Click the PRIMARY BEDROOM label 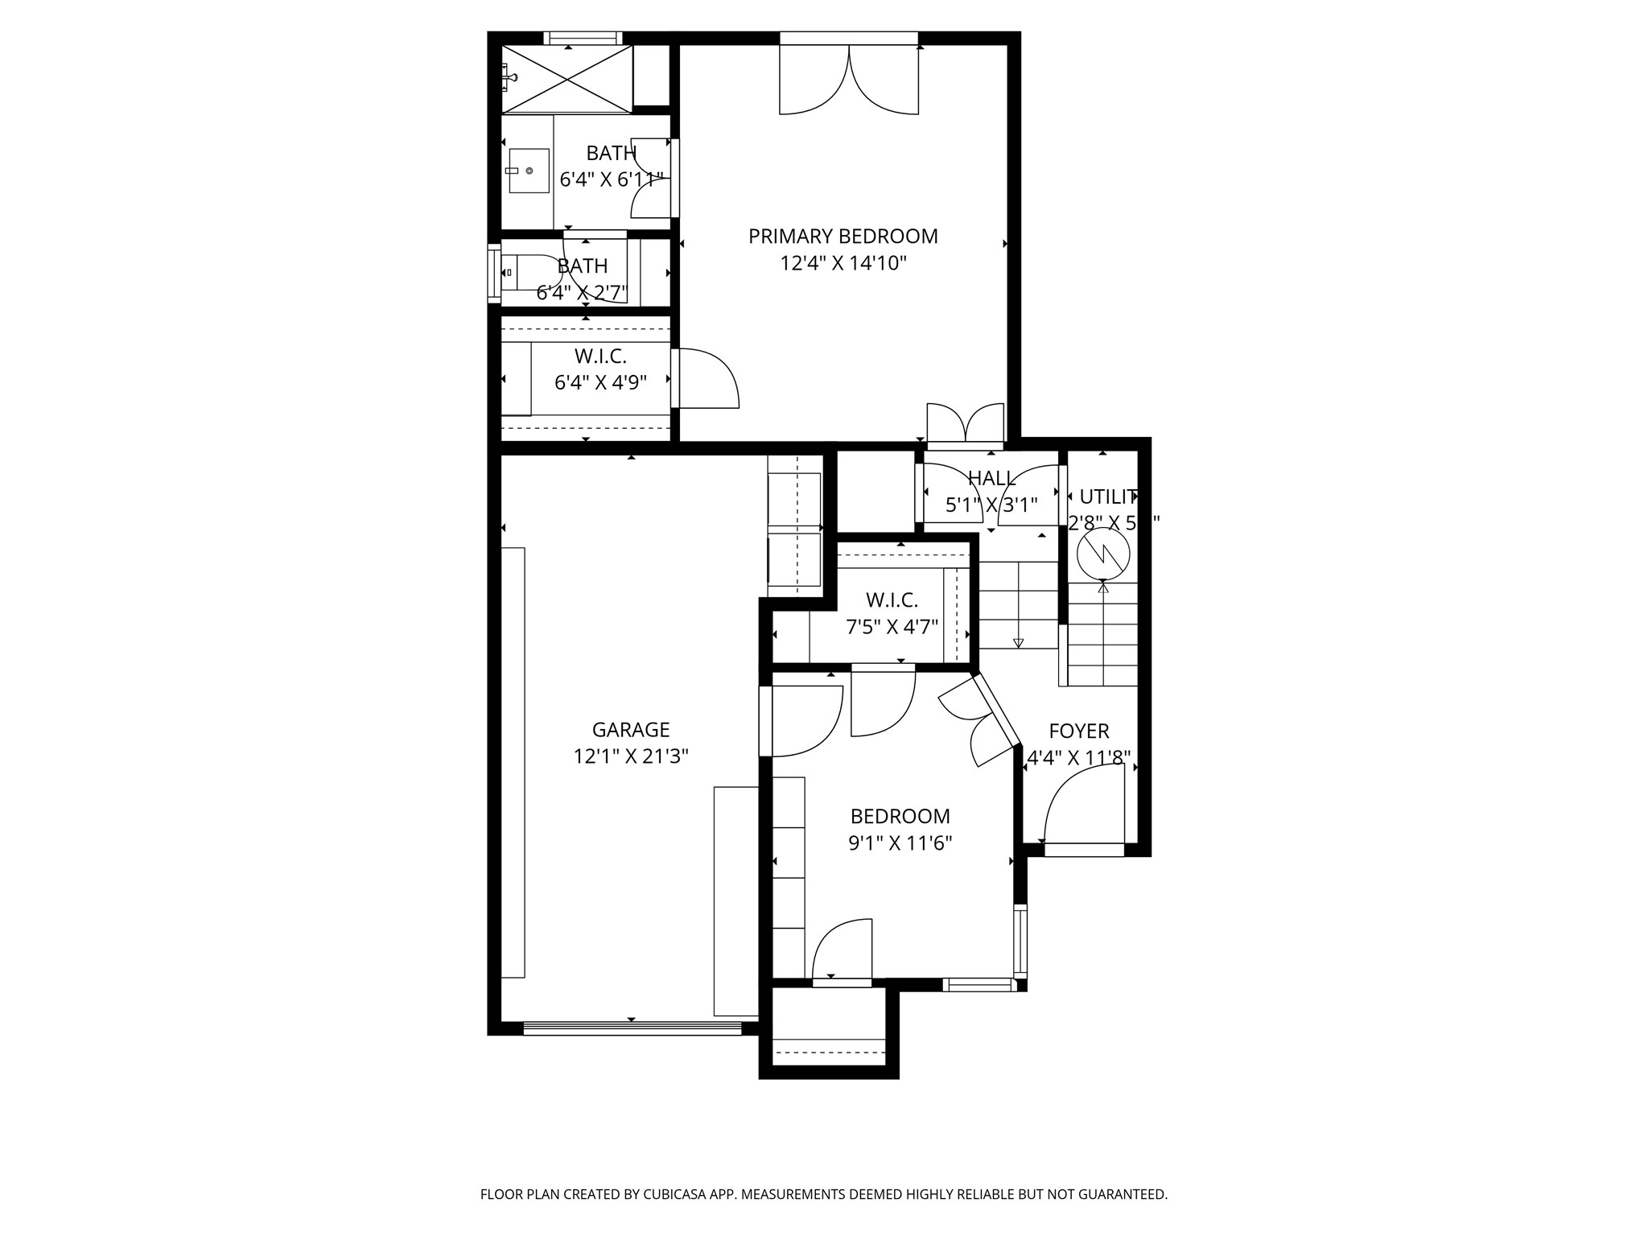click(x=843, y=237)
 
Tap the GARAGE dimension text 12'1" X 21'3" click(x=631, y=756)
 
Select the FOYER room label click(x=1078, y=731)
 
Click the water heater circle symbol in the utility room click(x=1103, y=553)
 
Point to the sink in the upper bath click(x=528, y=171)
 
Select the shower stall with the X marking click(x=566, y=79)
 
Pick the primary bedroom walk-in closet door click(x=707, y=378)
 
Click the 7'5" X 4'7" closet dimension click(x=892, y=626)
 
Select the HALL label click(x=991, y=479)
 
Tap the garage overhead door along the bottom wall click(x=632, y=1028)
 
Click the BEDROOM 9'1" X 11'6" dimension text click(x=900, y=843)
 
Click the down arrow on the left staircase click(x=1018, y=641)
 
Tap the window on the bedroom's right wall click(x=1020, y=940)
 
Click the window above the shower click(x=583, y=38)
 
